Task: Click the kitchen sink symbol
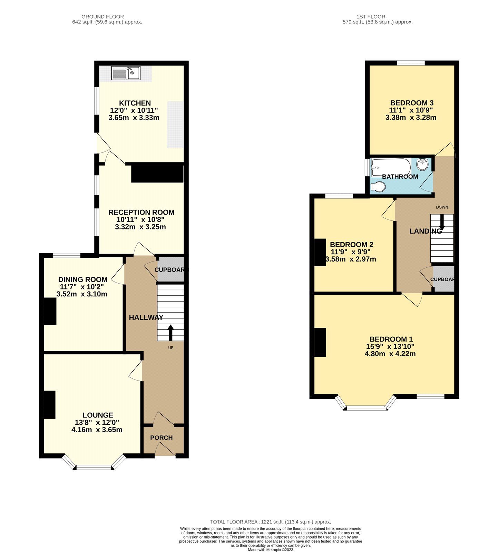point(126,73)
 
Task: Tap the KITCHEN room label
point(135,103)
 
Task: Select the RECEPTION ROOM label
point(141,212)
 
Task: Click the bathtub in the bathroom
point(391,167)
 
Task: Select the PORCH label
point(161,438)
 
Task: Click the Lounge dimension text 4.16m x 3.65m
point(97,430)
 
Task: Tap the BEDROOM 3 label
point(412,103)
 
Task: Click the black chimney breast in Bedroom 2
point(320,252)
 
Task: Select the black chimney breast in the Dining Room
point(50,311)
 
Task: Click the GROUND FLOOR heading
point(102,17)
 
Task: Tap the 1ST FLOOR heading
point(371,17)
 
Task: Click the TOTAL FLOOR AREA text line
point(270,522)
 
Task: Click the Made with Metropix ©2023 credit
point(270,550)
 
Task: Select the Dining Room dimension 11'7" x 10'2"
point(82,287)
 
